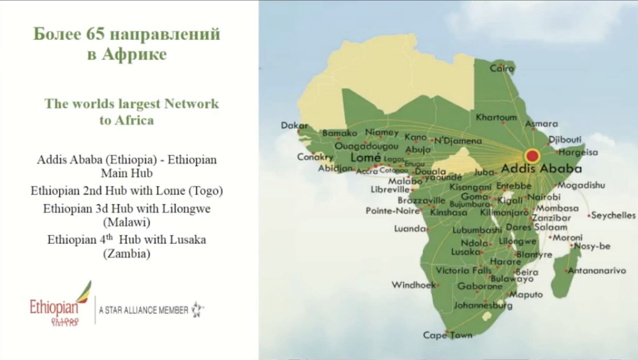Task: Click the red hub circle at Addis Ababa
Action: point(532,156)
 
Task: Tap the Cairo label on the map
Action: point(502,68)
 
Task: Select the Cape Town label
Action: point(447,335)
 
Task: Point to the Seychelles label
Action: point(613,215)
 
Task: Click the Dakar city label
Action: point(294,126)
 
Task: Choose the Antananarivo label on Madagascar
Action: point(597,271)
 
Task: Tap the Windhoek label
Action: point(413,285)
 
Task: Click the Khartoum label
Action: point(496,117)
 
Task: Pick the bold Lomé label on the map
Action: point(365,157)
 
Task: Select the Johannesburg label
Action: point(483,305)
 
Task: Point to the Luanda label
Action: point(410,229)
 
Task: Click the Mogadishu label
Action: point(581,185)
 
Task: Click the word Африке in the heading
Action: point(134,54)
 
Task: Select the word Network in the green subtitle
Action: point(191,103)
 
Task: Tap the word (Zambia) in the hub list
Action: point(126,254)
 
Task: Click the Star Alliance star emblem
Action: point(197,309)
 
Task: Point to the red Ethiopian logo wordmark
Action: point(54,307)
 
